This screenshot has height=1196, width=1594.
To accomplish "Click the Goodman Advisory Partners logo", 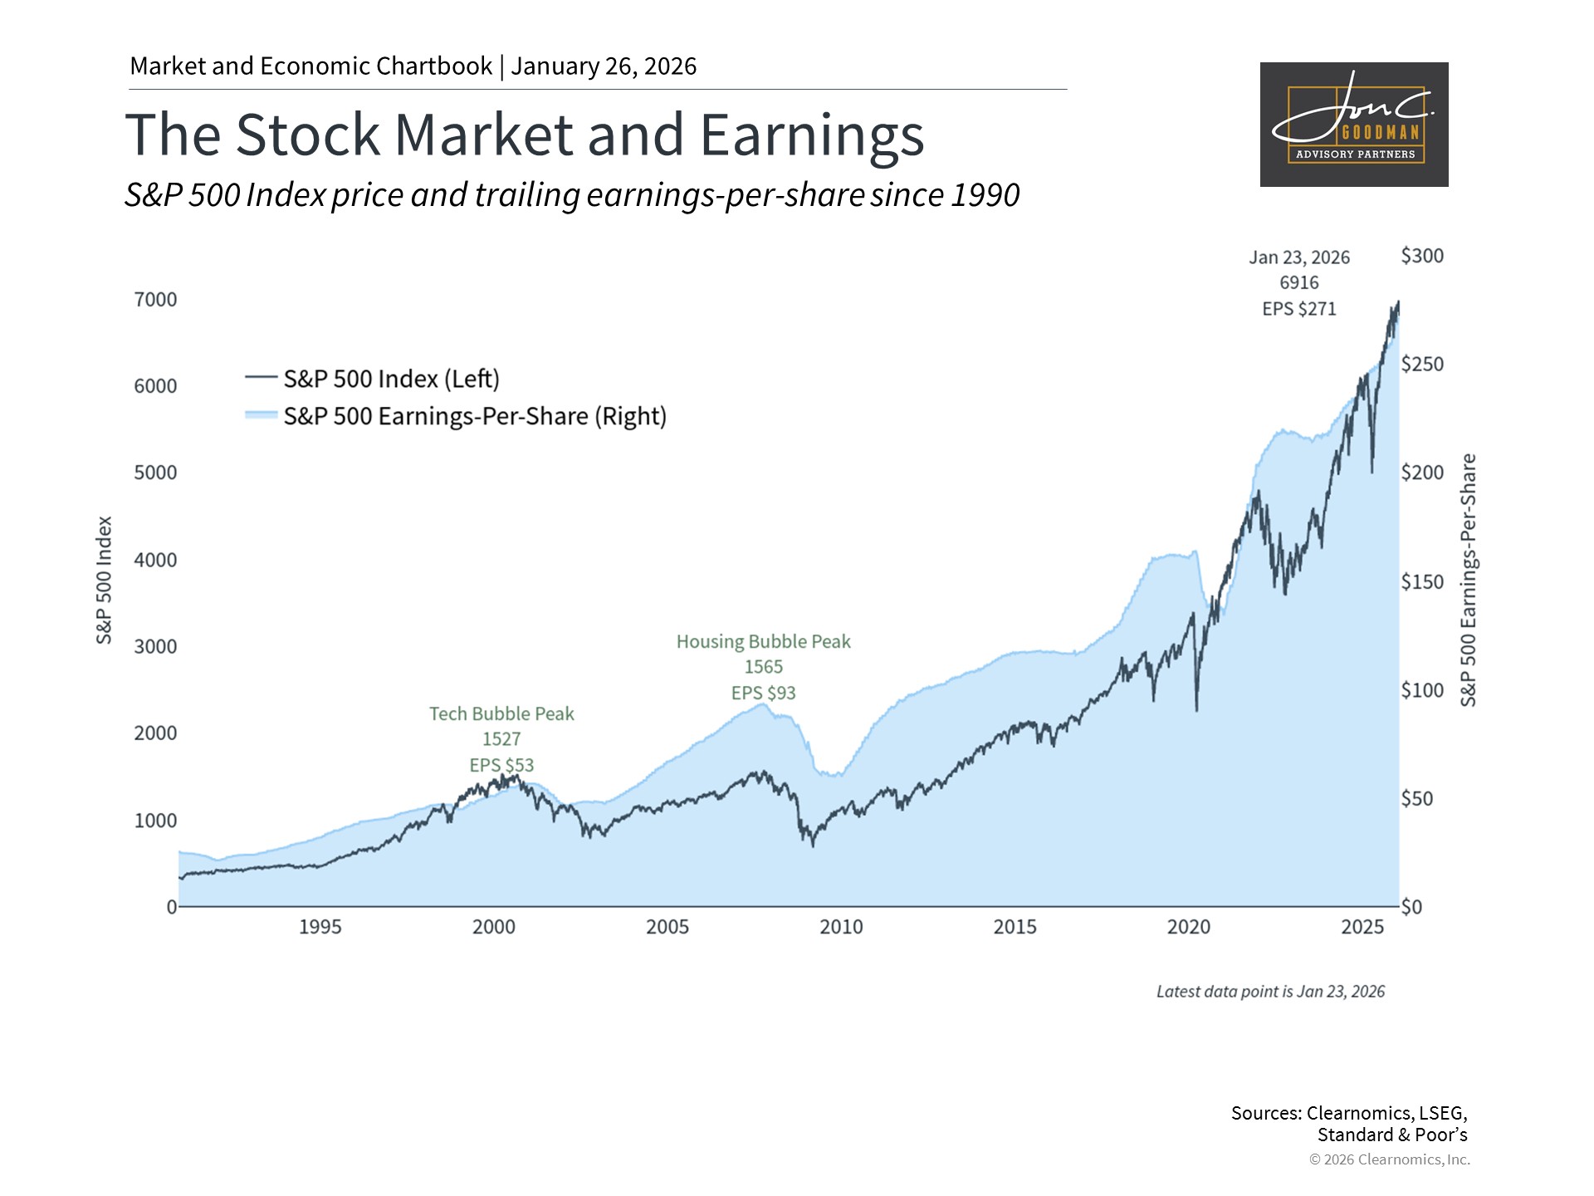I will (1353, 125).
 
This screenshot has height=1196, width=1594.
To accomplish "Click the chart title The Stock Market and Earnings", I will (524, 135).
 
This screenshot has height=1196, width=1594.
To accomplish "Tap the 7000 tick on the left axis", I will (156, 300).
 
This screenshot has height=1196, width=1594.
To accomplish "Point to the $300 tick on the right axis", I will (1422, 256).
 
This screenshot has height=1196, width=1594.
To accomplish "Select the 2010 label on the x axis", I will (841, 927).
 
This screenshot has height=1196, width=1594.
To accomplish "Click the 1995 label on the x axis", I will (320, 927).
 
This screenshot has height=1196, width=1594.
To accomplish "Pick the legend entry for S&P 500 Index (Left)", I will (391, 379).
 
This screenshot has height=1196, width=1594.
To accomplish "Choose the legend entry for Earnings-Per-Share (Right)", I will (474, 416).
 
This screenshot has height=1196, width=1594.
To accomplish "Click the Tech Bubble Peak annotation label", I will (501, 714).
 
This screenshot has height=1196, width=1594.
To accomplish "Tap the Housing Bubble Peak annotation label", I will (763, 642).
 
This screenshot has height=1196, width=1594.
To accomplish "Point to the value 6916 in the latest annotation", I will (1299, 283).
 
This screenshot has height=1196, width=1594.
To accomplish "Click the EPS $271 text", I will (1299, 309).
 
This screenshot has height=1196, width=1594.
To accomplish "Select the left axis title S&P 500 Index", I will (104, 580).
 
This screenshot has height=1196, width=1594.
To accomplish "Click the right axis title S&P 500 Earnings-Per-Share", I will (1469, 580).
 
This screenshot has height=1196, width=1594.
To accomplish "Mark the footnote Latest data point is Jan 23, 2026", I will (1270, 992).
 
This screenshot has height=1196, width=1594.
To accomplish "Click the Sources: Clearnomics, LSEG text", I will (1349, 1113).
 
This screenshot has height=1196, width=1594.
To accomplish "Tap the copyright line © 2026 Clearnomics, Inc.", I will (1389, 1159).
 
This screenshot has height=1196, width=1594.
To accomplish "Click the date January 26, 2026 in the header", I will (604, 66).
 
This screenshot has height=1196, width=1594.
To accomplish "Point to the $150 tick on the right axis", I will (1422, 581).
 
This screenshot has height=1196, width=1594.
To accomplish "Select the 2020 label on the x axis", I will (1189, 927).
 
